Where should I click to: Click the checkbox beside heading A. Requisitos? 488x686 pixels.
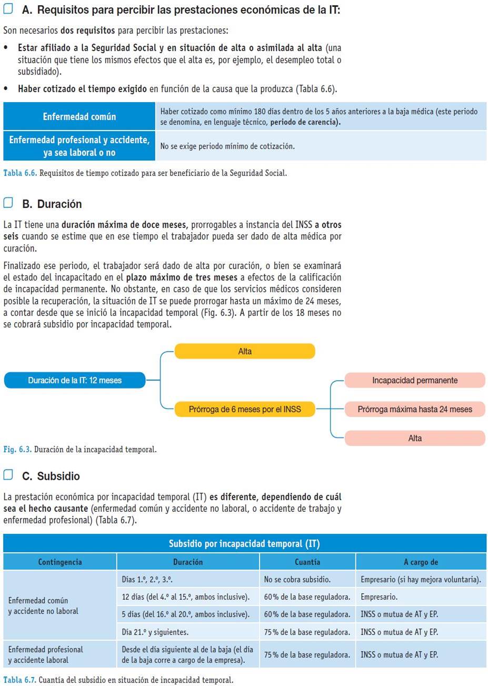point(8,9)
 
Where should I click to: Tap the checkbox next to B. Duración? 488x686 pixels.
point(8,203)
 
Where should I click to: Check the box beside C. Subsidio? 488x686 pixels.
point(8,475)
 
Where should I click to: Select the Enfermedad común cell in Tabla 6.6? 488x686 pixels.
point(79,116)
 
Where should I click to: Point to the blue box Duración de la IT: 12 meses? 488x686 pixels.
point(75,380)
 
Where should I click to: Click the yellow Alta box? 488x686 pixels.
point(245,351)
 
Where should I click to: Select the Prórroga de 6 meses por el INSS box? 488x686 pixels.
point(245,409)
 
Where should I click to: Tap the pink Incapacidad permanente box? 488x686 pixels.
point(415,380)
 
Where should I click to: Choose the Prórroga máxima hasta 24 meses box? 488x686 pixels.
point(415,409)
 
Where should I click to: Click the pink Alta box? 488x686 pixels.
point(415,438)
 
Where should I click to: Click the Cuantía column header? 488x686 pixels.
point(307,562)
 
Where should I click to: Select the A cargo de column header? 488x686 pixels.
point(421,562)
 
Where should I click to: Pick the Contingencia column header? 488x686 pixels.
point(60,562)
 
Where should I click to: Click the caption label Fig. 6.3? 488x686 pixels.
point(17,450)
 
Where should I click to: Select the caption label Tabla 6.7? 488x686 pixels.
point(19,680)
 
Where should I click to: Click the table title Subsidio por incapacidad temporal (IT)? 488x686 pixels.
point(244,544)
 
